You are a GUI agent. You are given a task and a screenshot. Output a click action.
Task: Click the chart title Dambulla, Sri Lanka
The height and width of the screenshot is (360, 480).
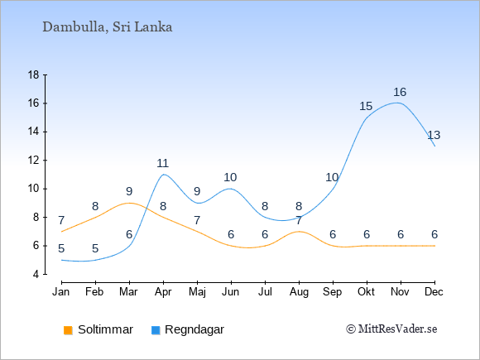click(x=107, y=27)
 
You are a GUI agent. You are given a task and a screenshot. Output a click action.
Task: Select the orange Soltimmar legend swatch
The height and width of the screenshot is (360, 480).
click(x=68, y=330)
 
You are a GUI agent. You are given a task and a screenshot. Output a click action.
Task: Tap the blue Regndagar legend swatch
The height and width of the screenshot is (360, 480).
click(x=156, y=330)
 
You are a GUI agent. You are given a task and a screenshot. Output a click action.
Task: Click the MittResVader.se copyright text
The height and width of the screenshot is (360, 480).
click(x=391, y=329)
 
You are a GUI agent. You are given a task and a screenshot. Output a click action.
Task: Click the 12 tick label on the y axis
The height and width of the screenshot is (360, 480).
click(x=34, y=160)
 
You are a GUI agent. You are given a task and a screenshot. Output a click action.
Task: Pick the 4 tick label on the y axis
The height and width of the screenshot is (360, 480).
click(x=36, y=274)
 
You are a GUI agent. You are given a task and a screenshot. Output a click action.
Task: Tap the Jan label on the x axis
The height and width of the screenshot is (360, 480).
click(x=61, y=292)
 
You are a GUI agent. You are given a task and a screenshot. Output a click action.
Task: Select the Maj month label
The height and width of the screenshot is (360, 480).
click(x=197, y=292)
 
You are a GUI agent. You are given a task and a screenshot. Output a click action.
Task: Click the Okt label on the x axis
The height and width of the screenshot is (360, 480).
click(x=366, y=292)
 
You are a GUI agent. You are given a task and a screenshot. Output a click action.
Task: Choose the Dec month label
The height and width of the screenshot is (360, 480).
click(x=434, y=292)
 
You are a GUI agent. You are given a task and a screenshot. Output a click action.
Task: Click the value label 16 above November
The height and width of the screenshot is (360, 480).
click(x=400, y=92)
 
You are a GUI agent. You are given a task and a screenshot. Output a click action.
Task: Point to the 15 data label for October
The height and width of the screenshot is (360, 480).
click(x=366, y=106)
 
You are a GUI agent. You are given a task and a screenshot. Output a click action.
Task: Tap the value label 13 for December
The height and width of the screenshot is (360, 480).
click(x=434, y=135)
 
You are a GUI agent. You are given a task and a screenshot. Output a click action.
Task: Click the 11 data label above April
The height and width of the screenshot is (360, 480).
click(x=163, y=163)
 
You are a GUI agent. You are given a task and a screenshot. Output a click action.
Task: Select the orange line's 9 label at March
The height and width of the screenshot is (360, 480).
click(x=129, y=192)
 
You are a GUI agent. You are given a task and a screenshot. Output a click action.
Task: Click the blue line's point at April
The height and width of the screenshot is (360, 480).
click(x=164, y=175)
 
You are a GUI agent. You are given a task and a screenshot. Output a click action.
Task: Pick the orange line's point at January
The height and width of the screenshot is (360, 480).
click(x=62, y=232)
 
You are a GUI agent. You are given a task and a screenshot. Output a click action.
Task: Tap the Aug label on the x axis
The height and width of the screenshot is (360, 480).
click(x=299, y=292)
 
